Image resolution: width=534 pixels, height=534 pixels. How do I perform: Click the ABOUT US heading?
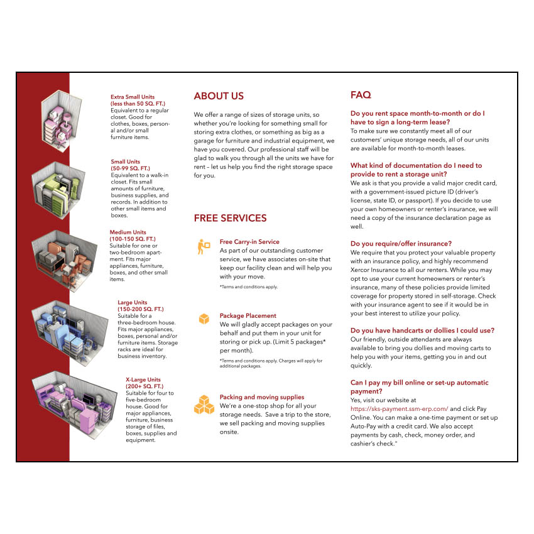click(x=219, y=96)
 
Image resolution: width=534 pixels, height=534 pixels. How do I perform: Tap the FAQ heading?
click(x=361, y=95)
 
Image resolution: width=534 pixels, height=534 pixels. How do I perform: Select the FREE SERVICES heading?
click(x=230, y=218)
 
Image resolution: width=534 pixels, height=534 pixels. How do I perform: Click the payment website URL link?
click(x=399, y=409)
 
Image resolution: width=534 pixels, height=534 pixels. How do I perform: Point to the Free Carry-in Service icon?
click(x=204, y=246)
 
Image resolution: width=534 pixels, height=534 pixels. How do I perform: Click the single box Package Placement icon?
click(x=204, y=319)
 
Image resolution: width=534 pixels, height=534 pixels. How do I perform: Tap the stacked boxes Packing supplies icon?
click(x=204, y=405)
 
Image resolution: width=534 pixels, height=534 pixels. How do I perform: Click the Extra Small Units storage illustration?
click(x=62, y=120)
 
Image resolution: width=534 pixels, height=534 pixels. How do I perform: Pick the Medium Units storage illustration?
click(x=63, y=260)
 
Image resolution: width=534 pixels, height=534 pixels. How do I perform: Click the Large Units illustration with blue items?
click(x=70, y=333)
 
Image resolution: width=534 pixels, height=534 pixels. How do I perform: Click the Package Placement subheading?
click(x=248, y=316)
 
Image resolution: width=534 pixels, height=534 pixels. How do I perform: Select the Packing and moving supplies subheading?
click(x=262, y=397)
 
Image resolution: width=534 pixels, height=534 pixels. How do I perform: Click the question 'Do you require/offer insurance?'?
click(x=401, y=244)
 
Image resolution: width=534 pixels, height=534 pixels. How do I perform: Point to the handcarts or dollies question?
click(x=422, y=330)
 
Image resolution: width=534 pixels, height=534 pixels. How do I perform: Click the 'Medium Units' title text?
click(x=128, y=232)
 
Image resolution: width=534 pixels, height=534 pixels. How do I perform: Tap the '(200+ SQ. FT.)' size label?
click(x=144, y=386)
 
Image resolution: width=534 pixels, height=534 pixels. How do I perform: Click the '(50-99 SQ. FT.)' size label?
click(x=131, y=168)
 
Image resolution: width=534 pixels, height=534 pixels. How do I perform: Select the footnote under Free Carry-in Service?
click(x=249, y=286)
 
